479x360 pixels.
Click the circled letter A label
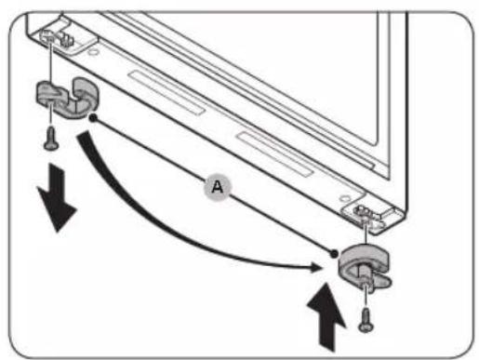[218, 187]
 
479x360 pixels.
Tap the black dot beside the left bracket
[93, 117]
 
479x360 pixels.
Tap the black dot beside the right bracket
[334, 254]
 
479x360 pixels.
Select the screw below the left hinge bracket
[51, 140]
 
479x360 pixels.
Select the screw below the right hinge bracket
[366, 320]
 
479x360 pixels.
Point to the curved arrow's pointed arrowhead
[317, 267]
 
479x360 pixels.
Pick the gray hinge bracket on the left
[67, 98]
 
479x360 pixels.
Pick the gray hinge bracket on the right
[364, 266]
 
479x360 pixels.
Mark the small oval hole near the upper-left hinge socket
[92, 51]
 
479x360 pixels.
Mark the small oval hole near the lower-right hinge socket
[344, 198]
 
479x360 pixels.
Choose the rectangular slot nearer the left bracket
[166, 92]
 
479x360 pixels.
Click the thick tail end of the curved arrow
[84, 137]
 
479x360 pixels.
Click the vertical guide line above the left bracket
[50, 62]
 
